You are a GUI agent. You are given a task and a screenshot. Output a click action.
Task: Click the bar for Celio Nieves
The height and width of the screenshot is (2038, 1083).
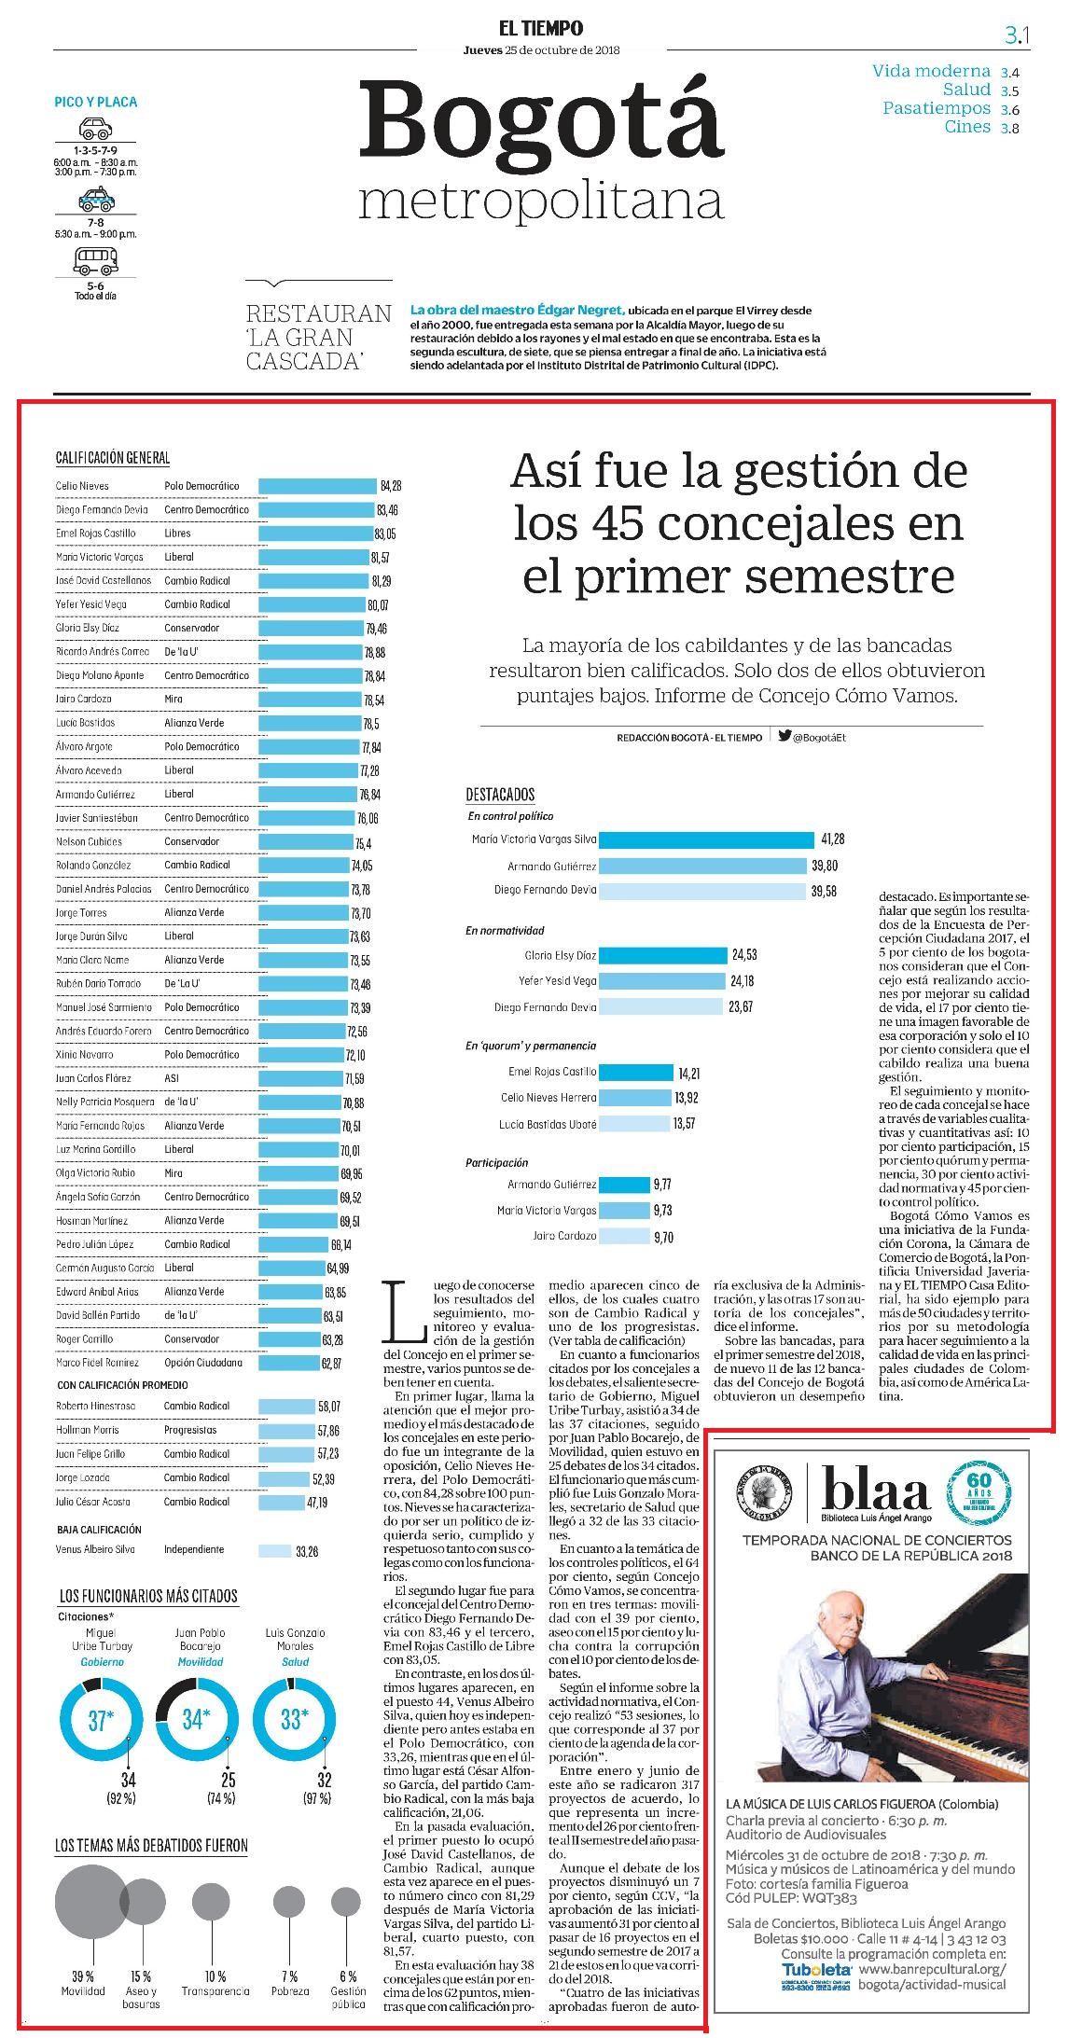coord(317,486)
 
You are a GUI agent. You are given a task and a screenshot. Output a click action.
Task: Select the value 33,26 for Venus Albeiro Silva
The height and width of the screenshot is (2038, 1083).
coord(307,1551)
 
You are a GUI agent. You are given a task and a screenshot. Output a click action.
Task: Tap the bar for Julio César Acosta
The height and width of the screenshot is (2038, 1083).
coord(281,1503)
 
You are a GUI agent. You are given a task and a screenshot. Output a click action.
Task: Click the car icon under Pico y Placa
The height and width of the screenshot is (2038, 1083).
coord(95,129)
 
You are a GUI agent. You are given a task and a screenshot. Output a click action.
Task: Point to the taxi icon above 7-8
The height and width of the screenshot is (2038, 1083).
coord(95,199)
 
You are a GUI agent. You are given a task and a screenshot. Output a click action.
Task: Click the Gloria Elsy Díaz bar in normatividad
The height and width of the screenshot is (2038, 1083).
coord(663,955)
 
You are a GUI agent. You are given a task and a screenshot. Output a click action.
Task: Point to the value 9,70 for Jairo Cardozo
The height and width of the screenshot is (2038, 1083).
coord(663,1237)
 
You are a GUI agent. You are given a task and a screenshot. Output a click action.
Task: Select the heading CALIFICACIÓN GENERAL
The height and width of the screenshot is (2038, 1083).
coord(113,458)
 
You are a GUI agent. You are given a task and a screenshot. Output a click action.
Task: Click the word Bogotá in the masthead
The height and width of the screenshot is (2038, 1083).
coord(542,121)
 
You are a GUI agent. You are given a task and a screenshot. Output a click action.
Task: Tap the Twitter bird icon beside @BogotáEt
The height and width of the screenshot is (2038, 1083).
coord(784,736)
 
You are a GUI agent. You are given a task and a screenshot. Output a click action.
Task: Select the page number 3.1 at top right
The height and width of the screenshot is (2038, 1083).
coord(1017,36)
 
